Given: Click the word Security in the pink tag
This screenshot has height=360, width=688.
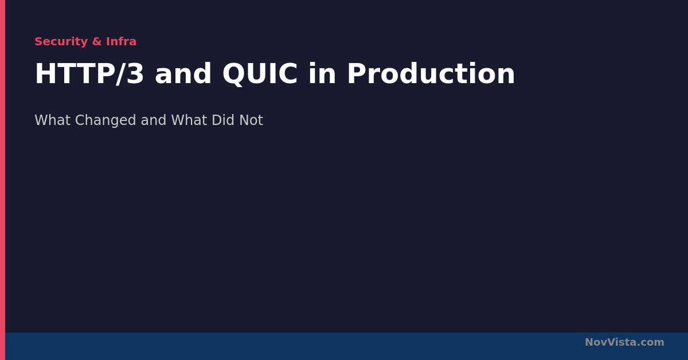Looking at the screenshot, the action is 61,42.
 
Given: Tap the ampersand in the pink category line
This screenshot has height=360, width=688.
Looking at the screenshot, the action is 97,41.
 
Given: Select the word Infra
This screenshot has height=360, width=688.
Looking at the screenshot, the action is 121,41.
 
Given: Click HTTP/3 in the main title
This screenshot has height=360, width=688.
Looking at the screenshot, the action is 89,74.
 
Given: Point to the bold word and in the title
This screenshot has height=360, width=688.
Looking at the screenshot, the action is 183,74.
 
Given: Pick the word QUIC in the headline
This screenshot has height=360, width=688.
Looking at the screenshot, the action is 260,75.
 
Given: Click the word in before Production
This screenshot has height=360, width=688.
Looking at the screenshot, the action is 322,74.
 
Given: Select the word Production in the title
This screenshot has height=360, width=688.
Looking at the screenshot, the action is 431,74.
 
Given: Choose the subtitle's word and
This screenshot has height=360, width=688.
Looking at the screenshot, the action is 154,120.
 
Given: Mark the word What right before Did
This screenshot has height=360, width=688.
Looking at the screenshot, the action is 189,120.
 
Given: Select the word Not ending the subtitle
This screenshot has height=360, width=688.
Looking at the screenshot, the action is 251,120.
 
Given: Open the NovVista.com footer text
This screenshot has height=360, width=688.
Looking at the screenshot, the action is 624,342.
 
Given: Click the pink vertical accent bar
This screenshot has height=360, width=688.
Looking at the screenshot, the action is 2,180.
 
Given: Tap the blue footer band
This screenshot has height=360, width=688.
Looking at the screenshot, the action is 346,346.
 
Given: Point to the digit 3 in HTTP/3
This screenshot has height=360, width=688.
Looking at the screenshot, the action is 135,74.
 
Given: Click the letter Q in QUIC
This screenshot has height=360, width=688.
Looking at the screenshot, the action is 234,75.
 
